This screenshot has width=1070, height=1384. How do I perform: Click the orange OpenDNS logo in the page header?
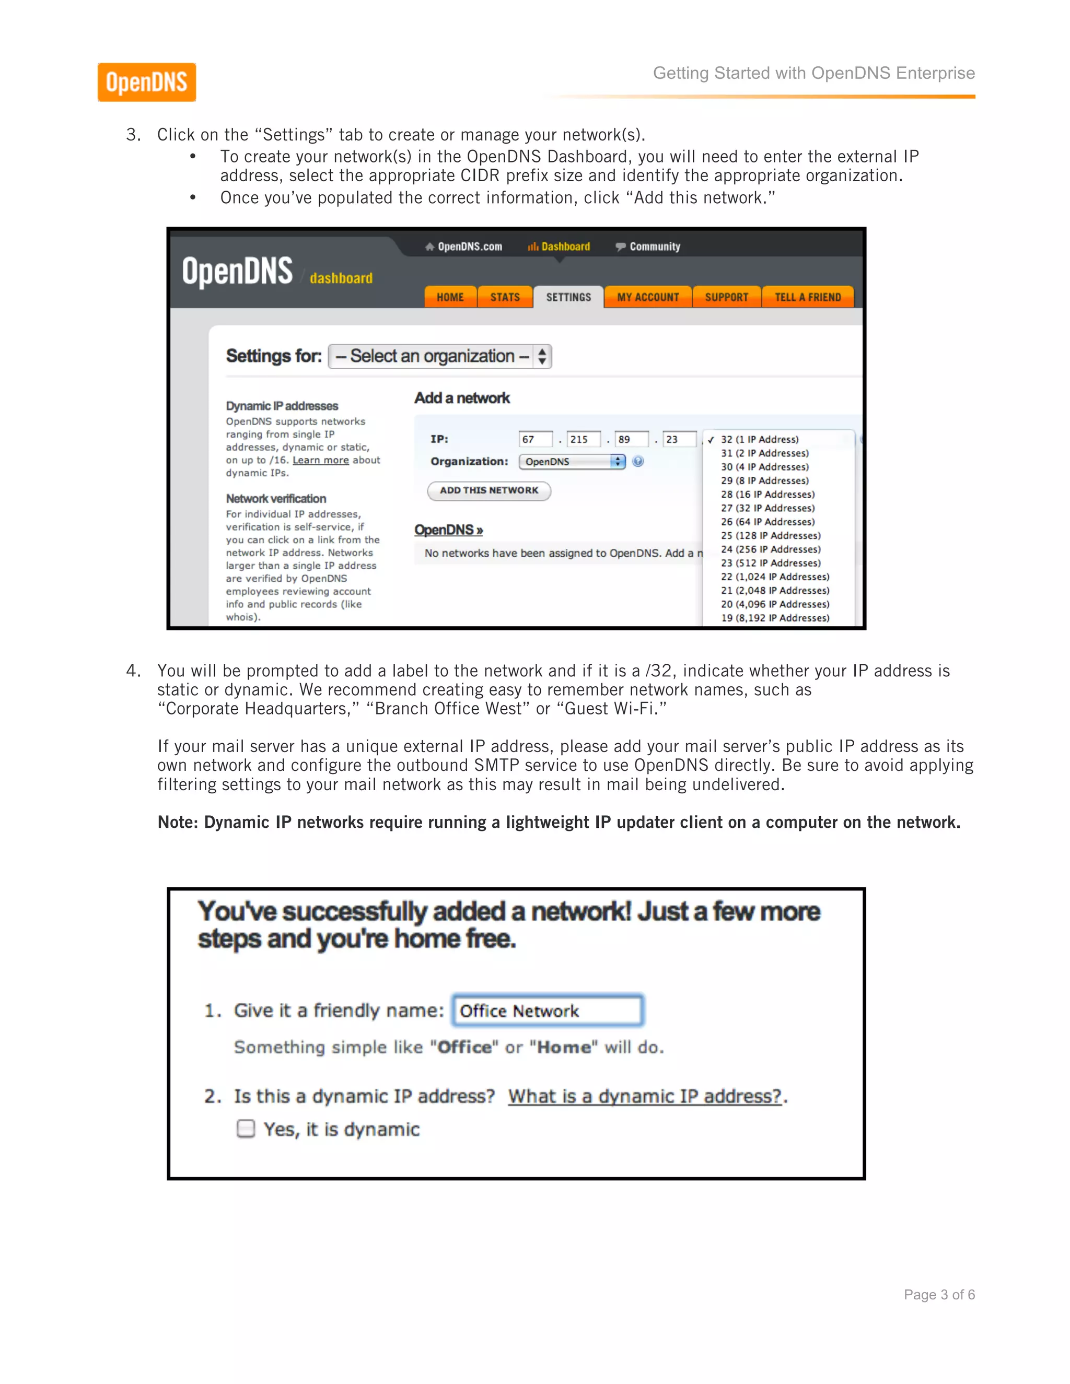146,83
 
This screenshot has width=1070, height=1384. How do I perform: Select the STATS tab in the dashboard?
505,297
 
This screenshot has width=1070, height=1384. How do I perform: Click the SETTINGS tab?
568,297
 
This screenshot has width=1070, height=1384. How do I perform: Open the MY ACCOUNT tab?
648,297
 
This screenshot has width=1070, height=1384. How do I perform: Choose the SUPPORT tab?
726,297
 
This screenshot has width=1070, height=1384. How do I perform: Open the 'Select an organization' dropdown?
440,356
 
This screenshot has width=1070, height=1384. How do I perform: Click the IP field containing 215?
583,439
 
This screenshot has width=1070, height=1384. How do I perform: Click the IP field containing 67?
534,439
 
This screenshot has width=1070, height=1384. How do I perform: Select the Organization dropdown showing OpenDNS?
571,461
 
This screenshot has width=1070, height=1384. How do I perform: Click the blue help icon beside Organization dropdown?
638,461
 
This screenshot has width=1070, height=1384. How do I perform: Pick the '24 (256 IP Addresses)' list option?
770,549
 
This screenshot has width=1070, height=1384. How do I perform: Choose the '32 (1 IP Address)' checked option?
759,439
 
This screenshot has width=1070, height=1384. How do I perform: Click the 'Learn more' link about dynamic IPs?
320,460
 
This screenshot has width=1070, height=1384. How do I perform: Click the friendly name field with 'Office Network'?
548,1011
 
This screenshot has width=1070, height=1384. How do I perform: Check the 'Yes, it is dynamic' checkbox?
246,1129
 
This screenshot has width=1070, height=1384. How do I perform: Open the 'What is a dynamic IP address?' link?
645,1096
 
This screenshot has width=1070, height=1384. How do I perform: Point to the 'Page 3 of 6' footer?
939,1295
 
